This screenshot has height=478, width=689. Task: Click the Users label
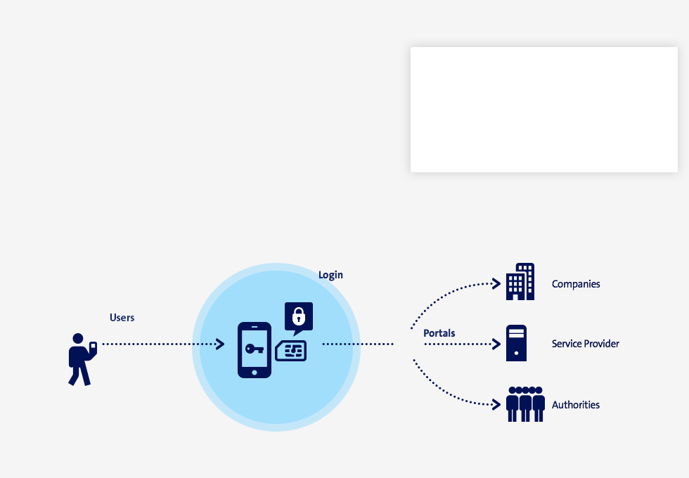[x=122, y=318]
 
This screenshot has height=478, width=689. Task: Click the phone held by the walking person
[x=93, y=347]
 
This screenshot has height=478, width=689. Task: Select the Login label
[x=330, y=275]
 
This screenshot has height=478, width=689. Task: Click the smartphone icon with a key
[x=255, y=350]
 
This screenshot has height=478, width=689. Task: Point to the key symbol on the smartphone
[x=255, y=349]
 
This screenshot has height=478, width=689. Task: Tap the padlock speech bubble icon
[x=299, y=318]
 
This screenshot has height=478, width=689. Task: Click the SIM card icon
[x=291, y=351]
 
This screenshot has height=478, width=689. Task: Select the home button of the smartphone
[x=255, y=373]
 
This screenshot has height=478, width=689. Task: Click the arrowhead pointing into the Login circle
[x=219, y=344]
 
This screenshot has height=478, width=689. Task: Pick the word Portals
[x=439, y=333]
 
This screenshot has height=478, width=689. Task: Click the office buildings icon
[x=520, y=282]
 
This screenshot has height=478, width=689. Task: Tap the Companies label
[x=576, y=284]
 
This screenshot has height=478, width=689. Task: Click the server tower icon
[x=516, y=343]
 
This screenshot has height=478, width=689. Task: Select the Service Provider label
[x=585, y=344]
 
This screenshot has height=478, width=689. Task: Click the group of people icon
[x=525, y=404]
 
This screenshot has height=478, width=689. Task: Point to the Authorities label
[x=576, y=405]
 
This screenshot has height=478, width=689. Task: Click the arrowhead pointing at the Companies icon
[x=496, y=284]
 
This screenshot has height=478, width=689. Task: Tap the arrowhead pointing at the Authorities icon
[x=496, y=405]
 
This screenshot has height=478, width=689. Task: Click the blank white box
[x=544, y=110]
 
